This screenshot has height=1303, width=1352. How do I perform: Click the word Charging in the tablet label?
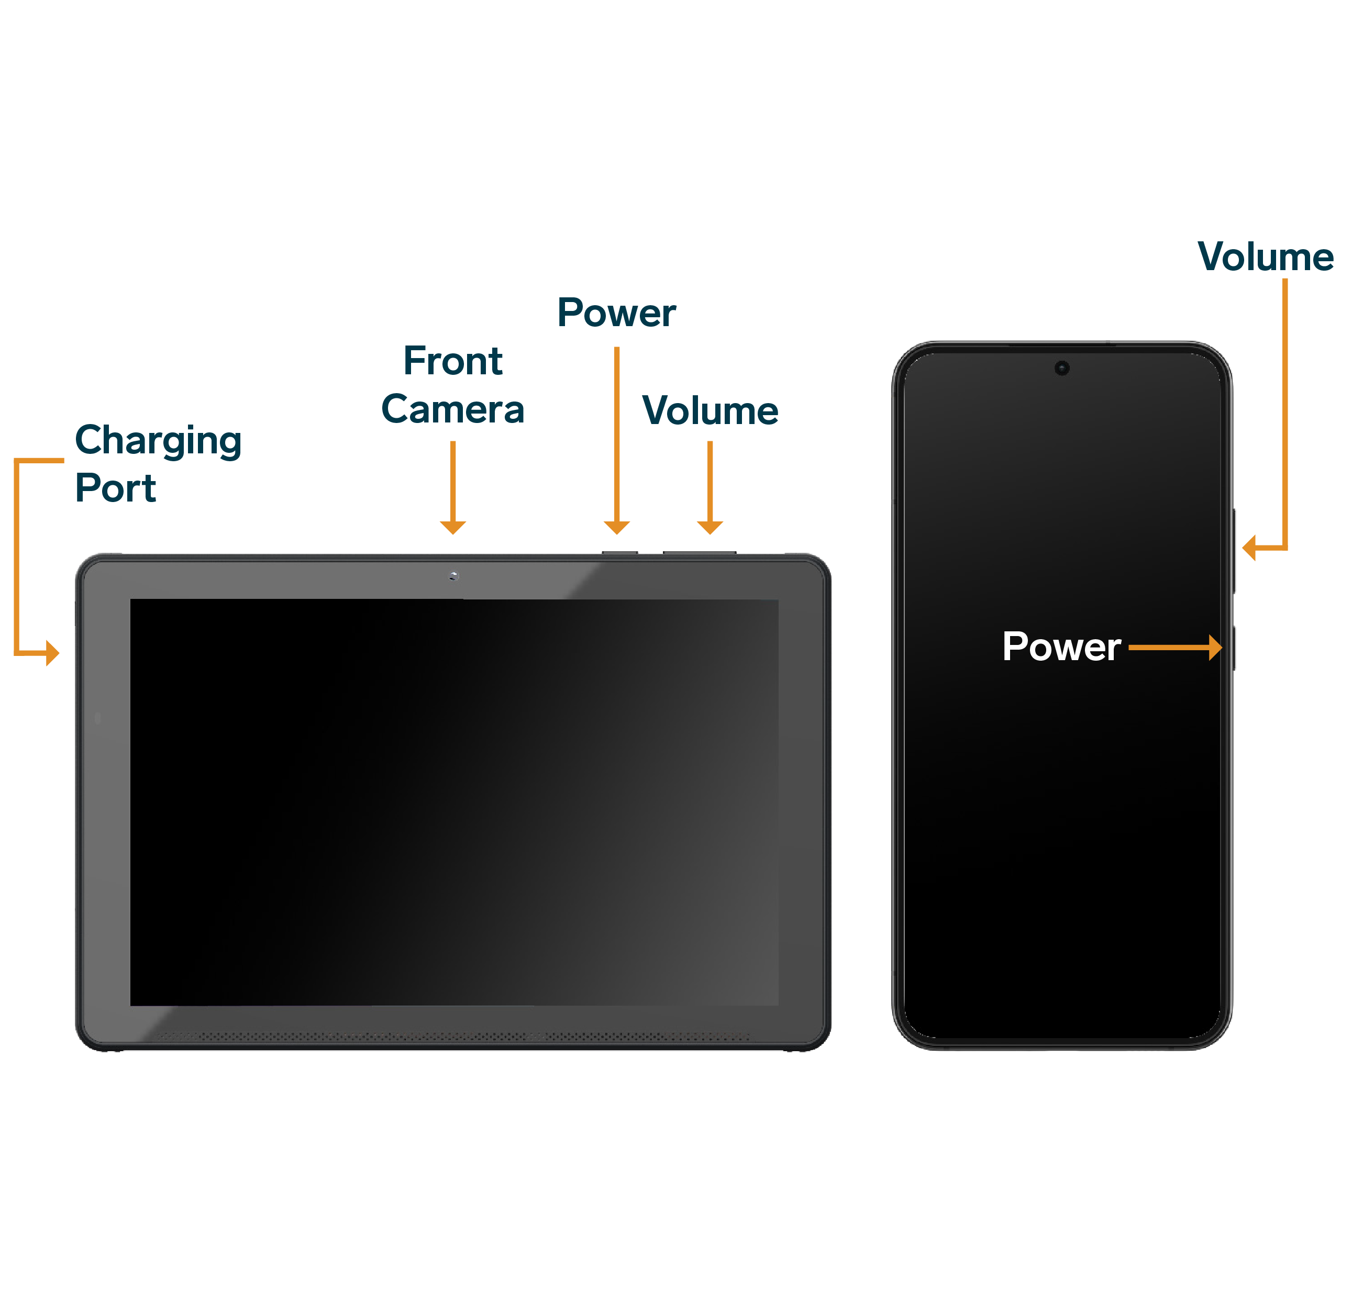tap(158, 441)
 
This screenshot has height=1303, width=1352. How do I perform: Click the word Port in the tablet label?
tap(115, 488)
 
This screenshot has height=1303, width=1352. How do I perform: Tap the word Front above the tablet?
tap(452, 361)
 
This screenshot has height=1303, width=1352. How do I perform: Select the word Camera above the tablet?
tap(452, 410)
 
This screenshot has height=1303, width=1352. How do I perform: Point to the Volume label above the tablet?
tap(710, 411)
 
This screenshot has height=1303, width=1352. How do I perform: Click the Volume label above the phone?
tap(1265, 257)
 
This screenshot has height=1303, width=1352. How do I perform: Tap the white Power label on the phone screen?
tap(1061, 647)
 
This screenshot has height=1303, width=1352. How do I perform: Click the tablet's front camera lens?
tap(453, 576)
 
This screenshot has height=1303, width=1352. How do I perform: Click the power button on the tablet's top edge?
tap(619, 552)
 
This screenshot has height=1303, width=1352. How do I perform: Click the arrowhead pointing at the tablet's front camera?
tap(452, 528)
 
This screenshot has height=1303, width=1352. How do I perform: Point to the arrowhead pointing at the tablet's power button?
tap(617, 528)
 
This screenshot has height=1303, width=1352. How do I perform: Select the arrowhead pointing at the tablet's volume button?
tap(710, 528)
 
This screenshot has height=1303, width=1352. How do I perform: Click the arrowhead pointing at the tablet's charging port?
tap(52, 652)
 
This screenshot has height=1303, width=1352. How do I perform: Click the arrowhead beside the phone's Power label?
tap(1215, 648)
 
